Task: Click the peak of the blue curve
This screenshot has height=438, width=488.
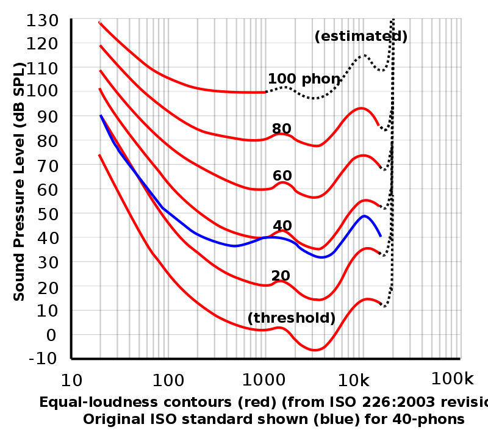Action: (365, 215)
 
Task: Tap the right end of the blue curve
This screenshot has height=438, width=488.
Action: (381, 236)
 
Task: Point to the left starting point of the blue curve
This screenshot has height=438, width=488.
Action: (101, 115)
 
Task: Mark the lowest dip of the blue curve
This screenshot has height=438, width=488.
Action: (321, 257)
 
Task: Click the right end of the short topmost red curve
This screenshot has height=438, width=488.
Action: (265, 92)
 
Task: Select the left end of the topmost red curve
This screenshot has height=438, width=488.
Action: (99, 22)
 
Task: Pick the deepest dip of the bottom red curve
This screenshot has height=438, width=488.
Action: (315, 351)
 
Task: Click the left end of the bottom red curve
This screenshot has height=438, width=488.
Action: (99, 155)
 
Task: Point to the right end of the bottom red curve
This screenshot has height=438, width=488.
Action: (380, 303)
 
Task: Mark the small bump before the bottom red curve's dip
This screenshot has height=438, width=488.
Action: (281, 328)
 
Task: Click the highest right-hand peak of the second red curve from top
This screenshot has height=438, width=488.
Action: (361, 108)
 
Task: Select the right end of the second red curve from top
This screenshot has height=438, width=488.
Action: (379, 125)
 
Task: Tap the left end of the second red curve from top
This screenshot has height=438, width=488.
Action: (99, 46)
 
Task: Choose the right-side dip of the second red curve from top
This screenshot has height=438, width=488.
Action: (317, 146)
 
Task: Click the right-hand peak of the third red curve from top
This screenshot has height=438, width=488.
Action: (364, 155)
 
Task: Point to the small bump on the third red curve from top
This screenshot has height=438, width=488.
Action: (282, 182)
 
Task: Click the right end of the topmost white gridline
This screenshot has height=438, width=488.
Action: (460, 43)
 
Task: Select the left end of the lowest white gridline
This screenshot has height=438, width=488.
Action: (73, 285)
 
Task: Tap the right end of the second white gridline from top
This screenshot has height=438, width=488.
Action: (460, 92)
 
